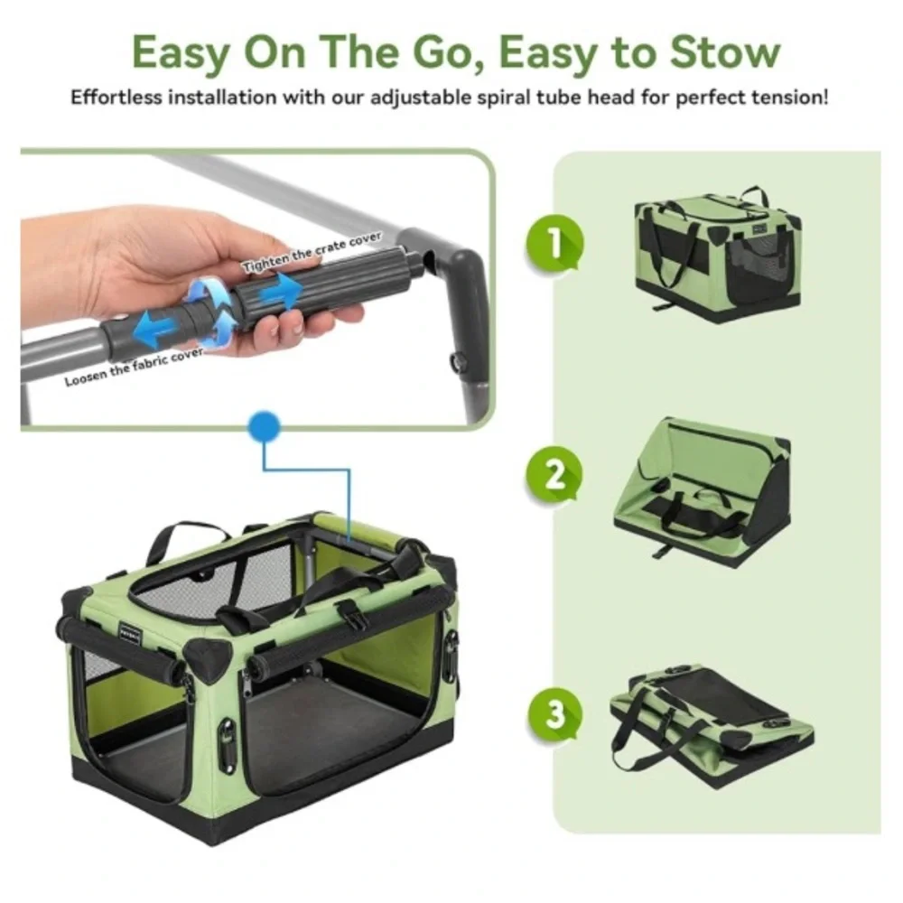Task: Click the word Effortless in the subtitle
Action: pos(116,98)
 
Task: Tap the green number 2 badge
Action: pos(554,475)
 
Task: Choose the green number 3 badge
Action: pos(554,713)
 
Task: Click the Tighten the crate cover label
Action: pos(312,252)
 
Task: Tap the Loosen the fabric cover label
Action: pos(134,367)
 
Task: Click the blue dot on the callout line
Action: pos(265,427)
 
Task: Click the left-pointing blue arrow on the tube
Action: pos(156,329)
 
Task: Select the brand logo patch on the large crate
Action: pos(130,633)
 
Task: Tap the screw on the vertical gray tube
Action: pos(459,362)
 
